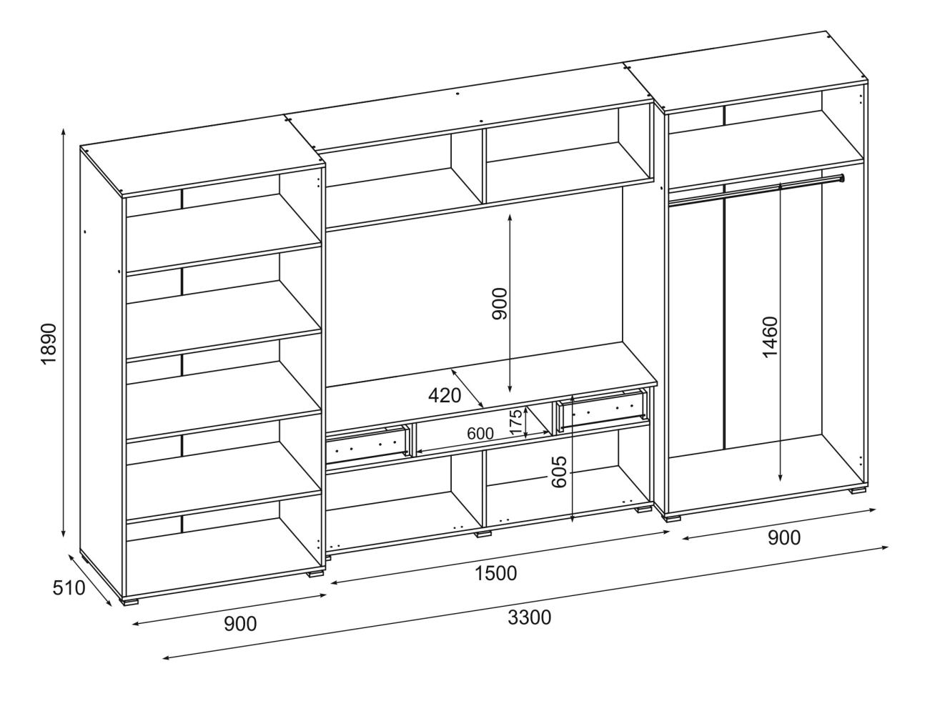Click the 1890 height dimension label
[x=48, y=345]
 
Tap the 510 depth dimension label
[x=69, y=588]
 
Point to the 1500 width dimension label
[x=495, y=572]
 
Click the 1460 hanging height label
[x=771, y=337]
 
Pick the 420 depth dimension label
[x=445, y=395]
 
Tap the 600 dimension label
[x=480, y=434]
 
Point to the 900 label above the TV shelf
[x=499, y=303]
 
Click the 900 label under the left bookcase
[x=240, y=624]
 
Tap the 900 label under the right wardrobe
[x=783, y=538]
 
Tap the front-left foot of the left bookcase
[x=129, y=601]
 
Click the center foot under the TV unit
[x=484, y=532]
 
